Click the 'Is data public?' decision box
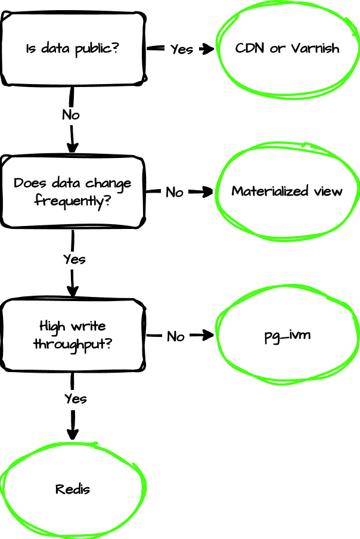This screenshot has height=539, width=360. [x=73, y=48]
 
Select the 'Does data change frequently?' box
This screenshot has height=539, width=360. [x=73, y=191]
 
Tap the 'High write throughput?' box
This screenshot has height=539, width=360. [x=73, y=335]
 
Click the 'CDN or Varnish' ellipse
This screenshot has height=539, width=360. [x=287, y=48]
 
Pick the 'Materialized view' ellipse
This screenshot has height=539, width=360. [x=287, y=191]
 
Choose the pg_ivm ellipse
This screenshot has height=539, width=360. [x=287, y=335]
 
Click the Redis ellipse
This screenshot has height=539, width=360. [x=73, y=490]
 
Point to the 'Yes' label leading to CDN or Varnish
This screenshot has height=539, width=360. [x=181, y=49]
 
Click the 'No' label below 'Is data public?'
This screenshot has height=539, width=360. [x=71, y=114]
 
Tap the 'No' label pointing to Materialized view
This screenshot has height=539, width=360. [x=174, y=192]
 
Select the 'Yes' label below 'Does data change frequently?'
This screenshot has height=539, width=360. [x=74, y=259]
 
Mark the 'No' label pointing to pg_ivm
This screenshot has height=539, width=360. [x=175, y=336]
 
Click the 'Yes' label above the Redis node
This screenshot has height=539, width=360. [x=75, y=398]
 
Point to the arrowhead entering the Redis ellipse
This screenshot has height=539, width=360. [x=72, y=436]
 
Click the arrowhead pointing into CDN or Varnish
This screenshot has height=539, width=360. [x=209, y=49]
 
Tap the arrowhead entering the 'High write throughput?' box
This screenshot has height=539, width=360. [x=72, y=293]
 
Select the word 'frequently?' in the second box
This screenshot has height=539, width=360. [x=73, y=201]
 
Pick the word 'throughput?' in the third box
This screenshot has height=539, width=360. [x=73, y=345]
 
